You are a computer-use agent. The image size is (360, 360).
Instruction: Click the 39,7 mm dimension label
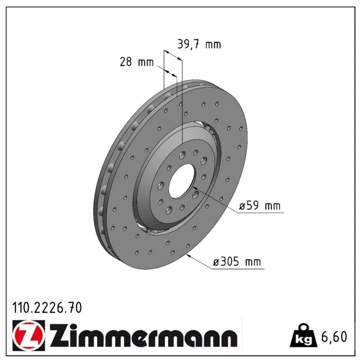pyautogui.click(x=199, y=44)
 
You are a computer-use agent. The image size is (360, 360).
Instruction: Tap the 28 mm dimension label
pyautogui.click(x=137, y=62)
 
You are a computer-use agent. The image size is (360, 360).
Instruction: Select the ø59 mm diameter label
pyautogui.click(x=260, y=206)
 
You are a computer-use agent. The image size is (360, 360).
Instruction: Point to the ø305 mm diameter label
pyautogui.click(x=237, y=262)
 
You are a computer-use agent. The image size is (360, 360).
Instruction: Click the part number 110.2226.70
pyautogui.click(x=47, y=308)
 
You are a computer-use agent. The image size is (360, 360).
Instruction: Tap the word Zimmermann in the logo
pyautogui.click(x=143, y=335)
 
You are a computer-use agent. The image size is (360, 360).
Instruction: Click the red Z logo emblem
pyautogui.click(x=28, y=335)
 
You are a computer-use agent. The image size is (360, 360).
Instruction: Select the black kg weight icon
pyautogui.click(x=303, y=336)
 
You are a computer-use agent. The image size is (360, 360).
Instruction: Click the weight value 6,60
pyautogui.click(x=334, y=337)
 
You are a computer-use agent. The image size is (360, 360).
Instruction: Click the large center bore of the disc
pyautogui.click(x=182, y=181)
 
